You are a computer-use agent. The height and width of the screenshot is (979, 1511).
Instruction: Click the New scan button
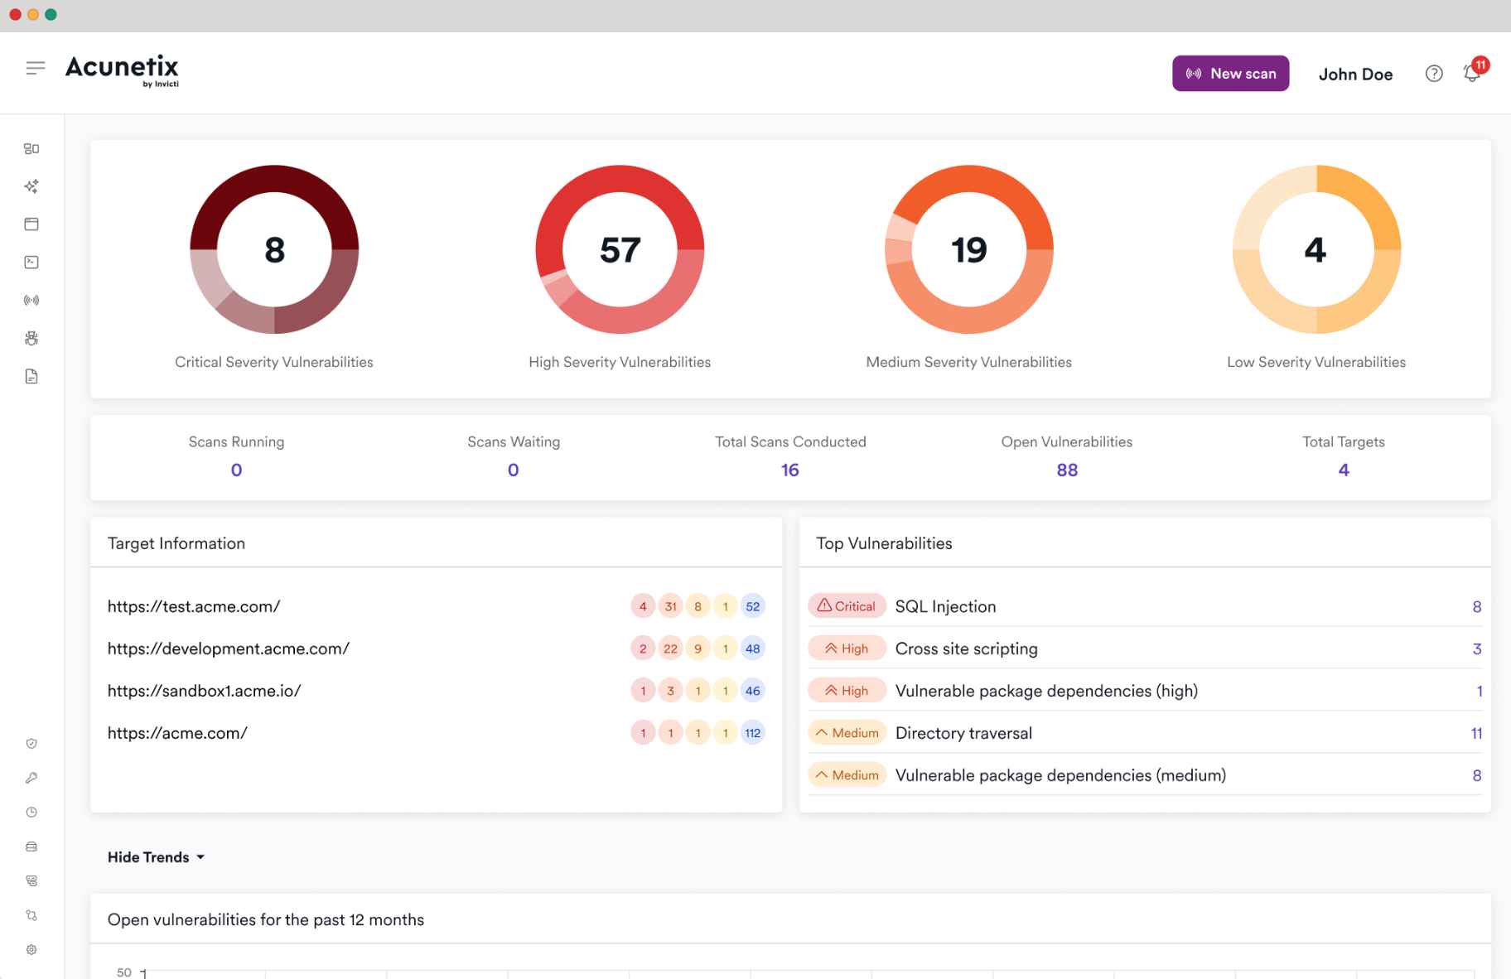click(1230, 74)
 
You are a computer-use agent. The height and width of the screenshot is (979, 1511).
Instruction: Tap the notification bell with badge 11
click(1472, 73)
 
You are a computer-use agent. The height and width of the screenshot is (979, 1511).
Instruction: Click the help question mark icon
click(1434, 74)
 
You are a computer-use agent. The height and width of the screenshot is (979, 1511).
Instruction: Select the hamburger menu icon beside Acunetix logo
click(35, 68)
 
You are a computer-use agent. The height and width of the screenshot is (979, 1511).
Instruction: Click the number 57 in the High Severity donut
click(620, 250)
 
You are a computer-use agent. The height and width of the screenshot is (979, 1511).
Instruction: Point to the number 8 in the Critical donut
click(274, 250)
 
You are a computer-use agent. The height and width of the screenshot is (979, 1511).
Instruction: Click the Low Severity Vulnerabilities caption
click(1315, 362)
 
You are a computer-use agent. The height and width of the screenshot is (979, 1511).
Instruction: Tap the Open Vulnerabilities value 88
click(1067, 470)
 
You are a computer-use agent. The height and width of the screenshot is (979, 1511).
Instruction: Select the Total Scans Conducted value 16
click(789, 470)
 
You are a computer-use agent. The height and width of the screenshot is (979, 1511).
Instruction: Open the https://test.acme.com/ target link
click(194, 606)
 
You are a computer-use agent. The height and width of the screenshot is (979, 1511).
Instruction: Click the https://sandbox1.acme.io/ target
click(204, 691)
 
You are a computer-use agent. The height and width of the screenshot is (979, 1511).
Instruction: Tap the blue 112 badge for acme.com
click(752, 733)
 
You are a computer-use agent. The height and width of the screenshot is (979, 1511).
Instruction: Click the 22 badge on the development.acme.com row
click(670, 649)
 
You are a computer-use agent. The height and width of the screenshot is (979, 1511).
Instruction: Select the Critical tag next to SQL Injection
click(847, 606)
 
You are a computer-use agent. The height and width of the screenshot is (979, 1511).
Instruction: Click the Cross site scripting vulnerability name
click(966, 649)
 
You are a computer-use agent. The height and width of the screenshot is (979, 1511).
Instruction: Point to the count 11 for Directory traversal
click(1476, 733)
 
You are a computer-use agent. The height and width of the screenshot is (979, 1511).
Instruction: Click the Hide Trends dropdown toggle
click(156, 857)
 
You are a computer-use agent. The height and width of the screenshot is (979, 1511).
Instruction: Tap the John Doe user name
click(1355, 75)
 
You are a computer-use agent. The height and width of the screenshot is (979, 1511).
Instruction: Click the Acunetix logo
click(123, 70)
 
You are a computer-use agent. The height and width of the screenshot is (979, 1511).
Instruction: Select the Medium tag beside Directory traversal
click(847, 733)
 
